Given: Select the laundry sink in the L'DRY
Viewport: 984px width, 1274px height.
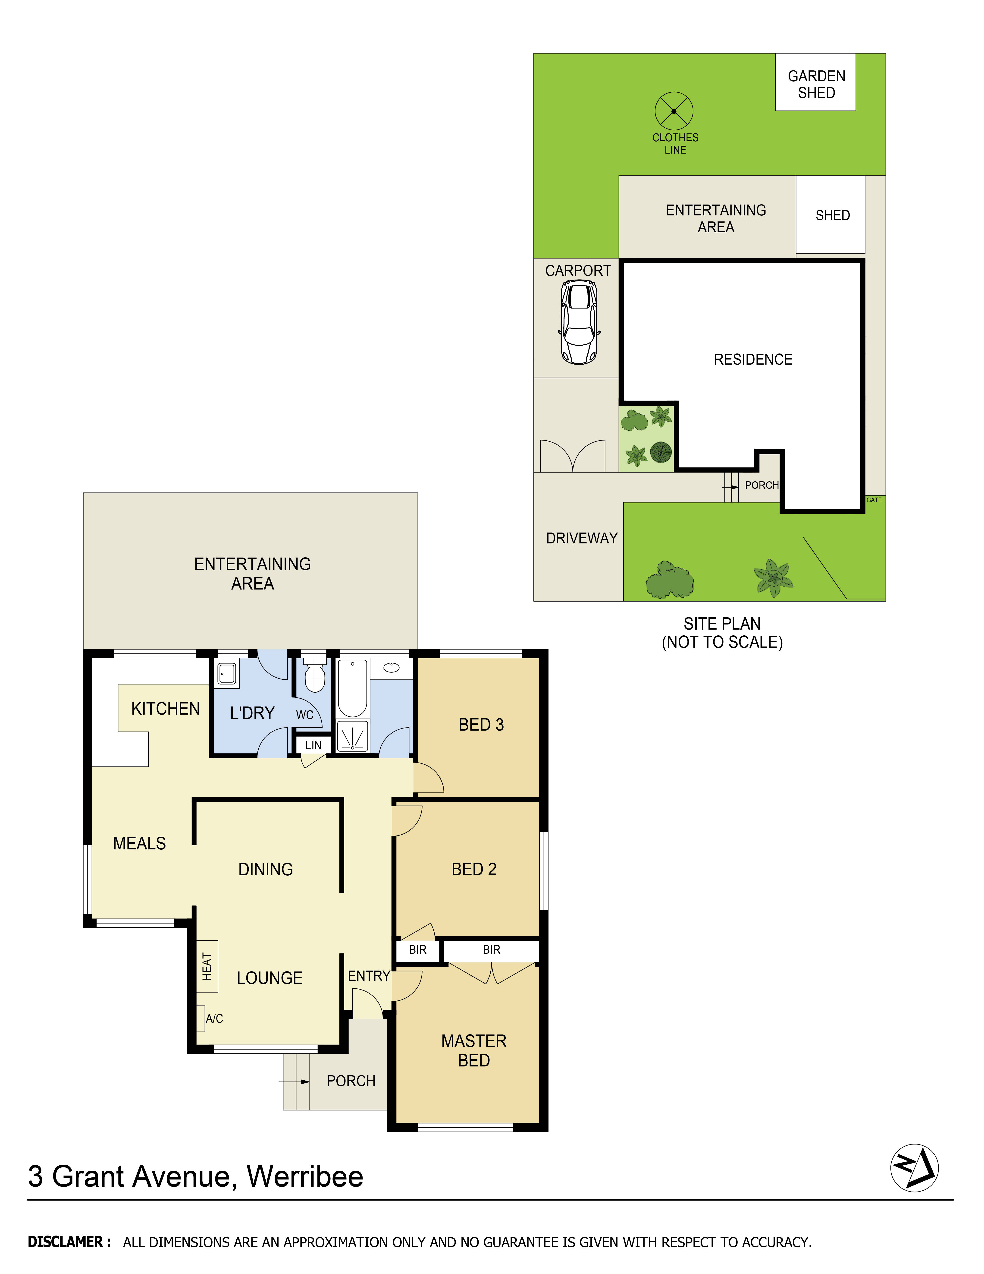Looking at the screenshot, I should pyautogui.click(x=227, y=674).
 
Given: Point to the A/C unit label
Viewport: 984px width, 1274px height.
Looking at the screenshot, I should pyautogui.click(x=214, y=1019).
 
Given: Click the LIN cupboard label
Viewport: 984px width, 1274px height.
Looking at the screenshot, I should pyautogui.click(x=313, y=745).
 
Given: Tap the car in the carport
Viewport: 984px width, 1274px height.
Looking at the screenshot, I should pyautogui.click(x=579, y=322).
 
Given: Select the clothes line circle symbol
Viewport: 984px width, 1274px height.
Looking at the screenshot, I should pyautogui.click(x=674, y=111).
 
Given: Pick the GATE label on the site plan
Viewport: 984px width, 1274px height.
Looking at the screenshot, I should pyautogui.click(x=874, y=500).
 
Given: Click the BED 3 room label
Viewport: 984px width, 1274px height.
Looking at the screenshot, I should pyautogui.click(x=481, y=725).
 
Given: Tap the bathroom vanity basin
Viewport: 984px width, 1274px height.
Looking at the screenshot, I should pyautogui.click(x=391, y=667).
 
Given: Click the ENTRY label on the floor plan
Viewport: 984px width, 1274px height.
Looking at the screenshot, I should pyautogui.click(x=368, y=976).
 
